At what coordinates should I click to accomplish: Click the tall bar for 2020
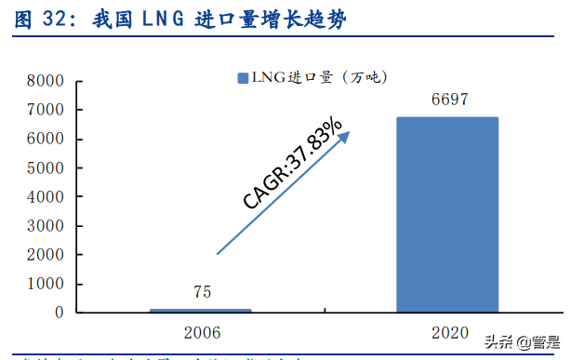447,214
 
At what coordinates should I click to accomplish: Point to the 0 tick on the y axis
58,313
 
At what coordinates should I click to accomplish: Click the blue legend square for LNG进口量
243,78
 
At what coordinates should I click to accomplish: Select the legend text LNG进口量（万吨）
316,78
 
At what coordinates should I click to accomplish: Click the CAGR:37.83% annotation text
293,165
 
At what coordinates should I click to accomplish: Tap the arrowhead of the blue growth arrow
345,136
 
